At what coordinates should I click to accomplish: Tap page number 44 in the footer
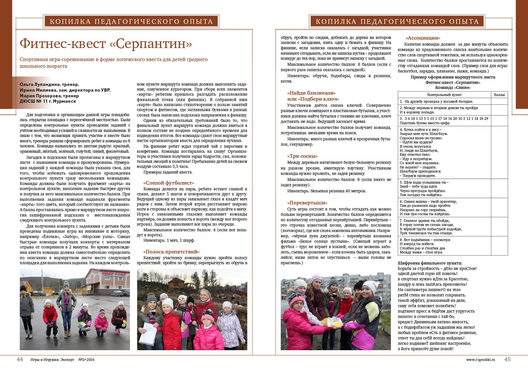coord(20,359)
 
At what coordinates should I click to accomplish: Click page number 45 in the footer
coord(507,359)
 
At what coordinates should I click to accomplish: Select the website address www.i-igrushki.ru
coord(480,360)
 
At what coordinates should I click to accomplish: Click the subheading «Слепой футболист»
coord(169,183)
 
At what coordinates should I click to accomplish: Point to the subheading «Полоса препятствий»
coord(171,252)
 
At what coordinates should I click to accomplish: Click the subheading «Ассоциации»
coord(423,38)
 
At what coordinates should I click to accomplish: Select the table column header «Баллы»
coord(499,95)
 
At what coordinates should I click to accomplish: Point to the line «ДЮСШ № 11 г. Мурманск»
coord(48,101)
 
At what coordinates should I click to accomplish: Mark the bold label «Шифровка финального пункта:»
coord(430,263)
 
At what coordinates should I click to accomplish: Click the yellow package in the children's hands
coord(332,322)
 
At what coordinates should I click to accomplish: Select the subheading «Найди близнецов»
coord(311,93)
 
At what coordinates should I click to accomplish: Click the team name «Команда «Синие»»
coord(453,88)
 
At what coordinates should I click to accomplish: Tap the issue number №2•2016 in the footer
coord(87,360)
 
